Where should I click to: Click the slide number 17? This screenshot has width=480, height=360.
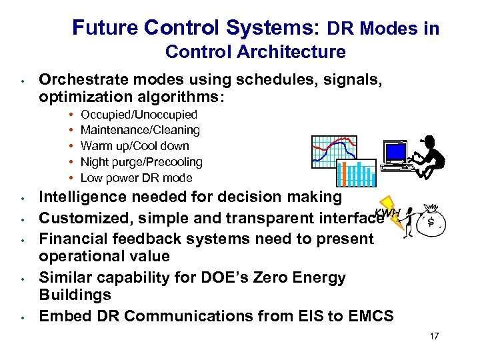point(434,336)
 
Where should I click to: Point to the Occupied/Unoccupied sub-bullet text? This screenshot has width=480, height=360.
point(139,115)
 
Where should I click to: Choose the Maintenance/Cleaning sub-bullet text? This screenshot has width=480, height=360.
point(140,130)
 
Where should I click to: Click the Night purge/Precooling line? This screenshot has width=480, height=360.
point(141,162)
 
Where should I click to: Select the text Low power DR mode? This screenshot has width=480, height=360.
point(136,178)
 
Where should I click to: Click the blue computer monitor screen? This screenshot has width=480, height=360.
point(395,153)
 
